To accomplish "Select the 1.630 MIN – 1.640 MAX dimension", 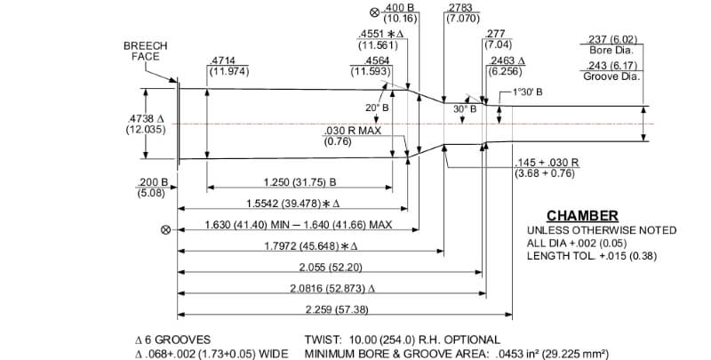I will (x=298, y=225).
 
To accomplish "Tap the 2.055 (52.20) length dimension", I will (x=329, y=267).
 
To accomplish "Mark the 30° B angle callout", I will (x=464, y=108).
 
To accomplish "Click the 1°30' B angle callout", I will (x=527, y=92).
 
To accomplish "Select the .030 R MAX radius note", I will (x=352, y=135).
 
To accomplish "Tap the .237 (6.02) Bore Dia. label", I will (x=612, y=43).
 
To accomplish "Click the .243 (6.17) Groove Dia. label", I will (x=612, y=70).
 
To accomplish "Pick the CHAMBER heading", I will (x=582, y=216).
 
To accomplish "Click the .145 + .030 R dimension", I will (x=547, y=167).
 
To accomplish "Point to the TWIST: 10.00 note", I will (x=402, y=340).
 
